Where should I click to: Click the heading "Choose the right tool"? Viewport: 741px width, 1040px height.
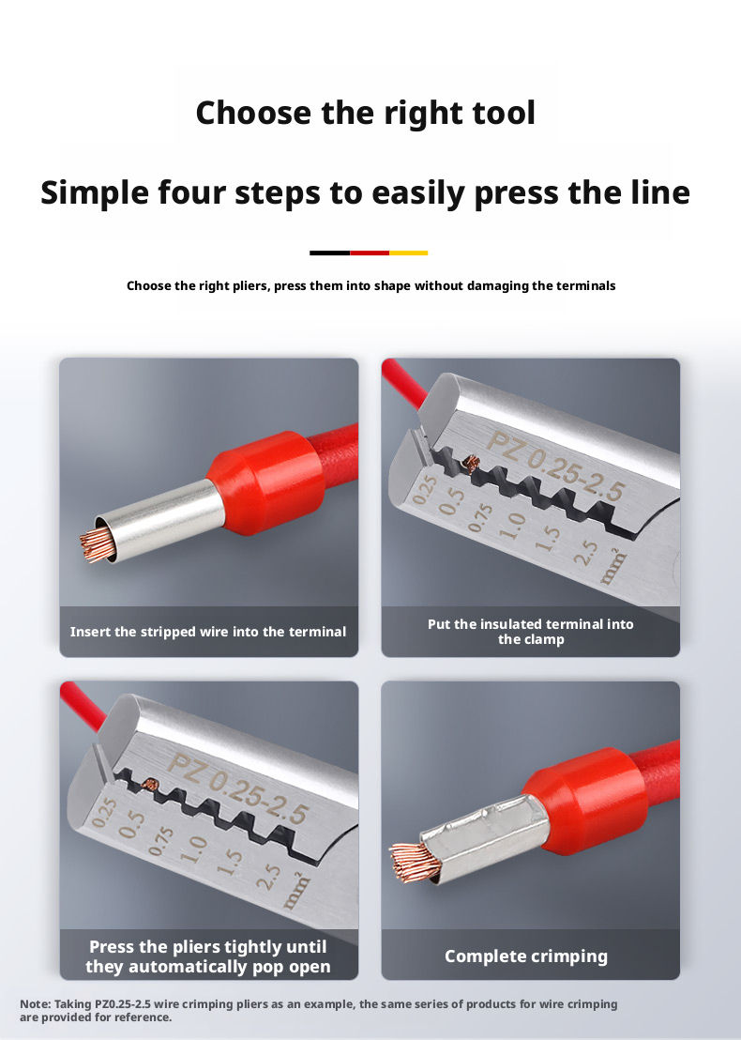point(365,113)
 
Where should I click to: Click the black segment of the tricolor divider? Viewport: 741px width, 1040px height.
point(329,252)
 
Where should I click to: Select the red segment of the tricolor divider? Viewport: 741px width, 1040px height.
point(370,252)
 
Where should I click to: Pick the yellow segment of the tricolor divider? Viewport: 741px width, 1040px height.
point(408,252)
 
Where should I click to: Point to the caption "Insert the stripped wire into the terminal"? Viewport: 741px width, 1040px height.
point(208,632)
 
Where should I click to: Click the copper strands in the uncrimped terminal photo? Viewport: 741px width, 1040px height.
point(95,545)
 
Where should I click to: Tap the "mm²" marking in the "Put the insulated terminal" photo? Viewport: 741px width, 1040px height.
point(613,567)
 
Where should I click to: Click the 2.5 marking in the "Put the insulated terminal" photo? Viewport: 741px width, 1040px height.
point(584,553)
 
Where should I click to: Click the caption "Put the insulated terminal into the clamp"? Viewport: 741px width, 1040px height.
point(530,632)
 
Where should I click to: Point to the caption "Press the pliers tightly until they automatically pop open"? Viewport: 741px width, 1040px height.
point(208,956)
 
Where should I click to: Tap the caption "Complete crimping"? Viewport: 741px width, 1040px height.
point(526,956)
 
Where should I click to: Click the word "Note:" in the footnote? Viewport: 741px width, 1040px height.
point(35,1004)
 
